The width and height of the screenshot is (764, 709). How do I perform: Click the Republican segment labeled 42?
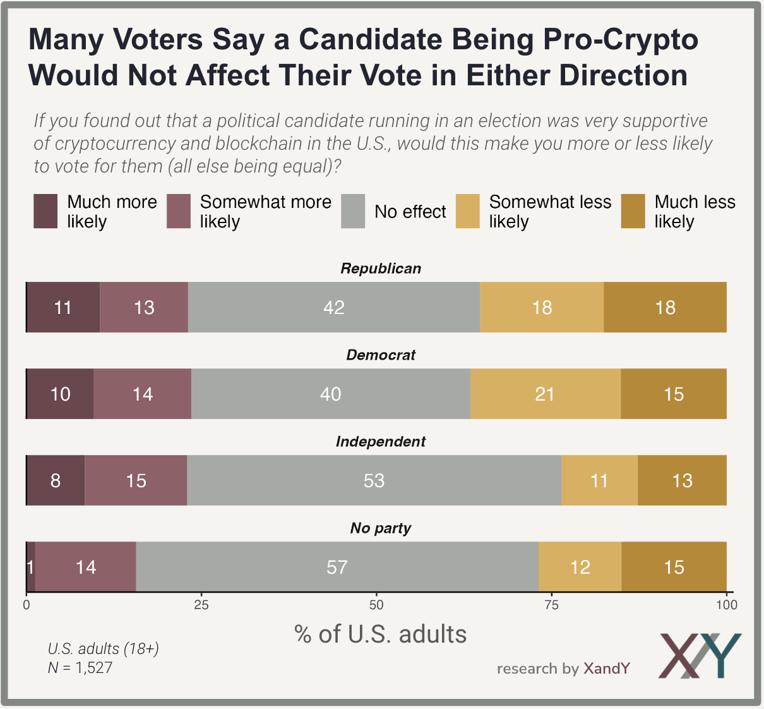click(x=334, y=307)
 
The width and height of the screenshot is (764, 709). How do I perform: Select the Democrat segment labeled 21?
click(x=545, y=394)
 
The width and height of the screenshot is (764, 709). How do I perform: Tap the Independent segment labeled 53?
click(x=374, y=480)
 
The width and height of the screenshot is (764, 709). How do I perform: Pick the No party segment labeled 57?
click(x=337, y=567)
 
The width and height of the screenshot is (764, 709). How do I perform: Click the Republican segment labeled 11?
click(x=63, y=307)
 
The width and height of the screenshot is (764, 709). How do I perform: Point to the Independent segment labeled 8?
click(x=56, y=480)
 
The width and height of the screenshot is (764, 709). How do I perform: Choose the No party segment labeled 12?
click(x=580, y=567)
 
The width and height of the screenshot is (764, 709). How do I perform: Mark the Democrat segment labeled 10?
click(x=60, y=394)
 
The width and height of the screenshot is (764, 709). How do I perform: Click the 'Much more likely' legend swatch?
click(x=45, y=211)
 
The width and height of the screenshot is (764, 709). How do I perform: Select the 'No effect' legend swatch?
click(x=353, y=211)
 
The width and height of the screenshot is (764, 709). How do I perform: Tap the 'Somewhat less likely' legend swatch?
click(x=468, y=211)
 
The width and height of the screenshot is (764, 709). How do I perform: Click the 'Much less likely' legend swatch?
click(x=633, y=211)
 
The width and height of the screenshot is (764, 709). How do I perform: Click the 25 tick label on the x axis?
click(x=201, y=605)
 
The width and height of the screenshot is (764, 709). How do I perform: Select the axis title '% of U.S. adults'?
click(x=380, y=634)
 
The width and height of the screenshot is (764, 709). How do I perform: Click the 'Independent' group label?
click(x=381, y=442)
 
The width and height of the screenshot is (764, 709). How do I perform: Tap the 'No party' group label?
click(x=381, y=528)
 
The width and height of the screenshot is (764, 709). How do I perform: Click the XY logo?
click(x=700, y=655)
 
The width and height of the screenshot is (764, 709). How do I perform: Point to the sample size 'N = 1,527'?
click(x=80, y=667)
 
